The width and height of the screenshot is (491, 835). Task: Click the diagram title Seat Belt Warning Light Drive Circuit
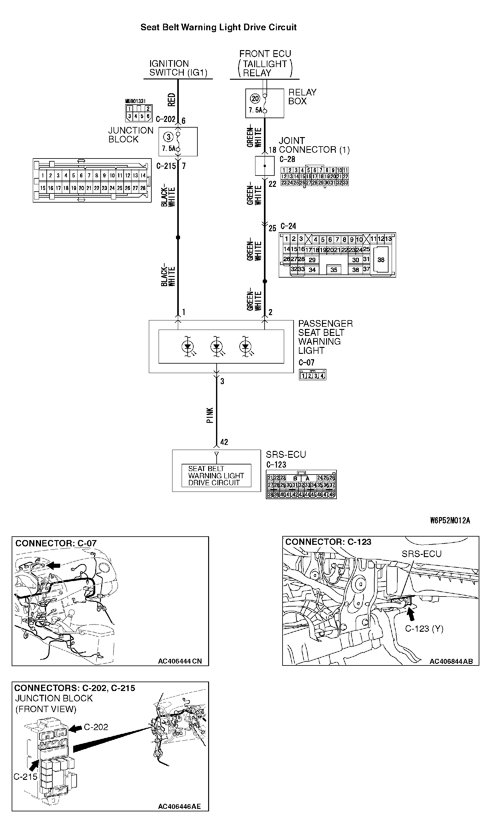[x=218, y=27]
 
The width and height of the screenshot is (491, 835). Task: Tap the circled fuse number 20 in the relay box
[x=255, y=98]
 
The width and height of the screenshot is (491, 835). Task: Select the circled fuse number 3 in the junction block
[x=169, y=137]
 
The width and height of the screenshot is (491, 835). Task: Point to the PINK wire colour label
[x=210, y=416]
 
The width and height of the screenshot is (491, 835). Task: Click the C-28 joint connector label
[x=287, y=159]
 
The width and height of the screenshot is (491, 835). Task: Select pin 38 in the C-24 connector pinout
[x=381, y=260]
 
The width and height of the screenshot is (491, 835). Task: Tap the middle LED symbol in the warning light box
[x=217, y=347]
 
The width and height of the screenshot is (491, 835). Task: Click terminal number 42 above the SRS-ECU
[x=224, y=442]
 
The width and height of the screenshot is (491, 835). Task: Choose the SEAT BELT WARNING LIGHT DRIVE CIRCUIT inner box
[x=216, y=475]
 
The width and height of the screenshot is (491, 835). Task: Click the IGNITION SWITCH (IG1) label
[x=178, y=68]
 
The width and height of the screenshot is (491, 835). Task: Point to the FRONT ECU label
[x=265, y=54]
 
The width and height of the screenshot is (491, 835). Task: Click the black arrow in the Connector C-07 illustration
[x=53, y=565]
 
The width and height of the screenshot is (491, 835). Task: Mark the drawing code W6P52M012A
[x=450, y=521]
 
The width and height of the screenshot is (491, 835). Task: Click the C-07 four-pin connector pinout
[x=312, y=375]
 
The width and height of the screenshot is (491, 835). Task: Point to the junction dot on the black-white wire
[x=178, y=238]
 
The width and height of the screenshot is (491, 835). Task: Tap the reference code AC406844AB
[x=451, y=661]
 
